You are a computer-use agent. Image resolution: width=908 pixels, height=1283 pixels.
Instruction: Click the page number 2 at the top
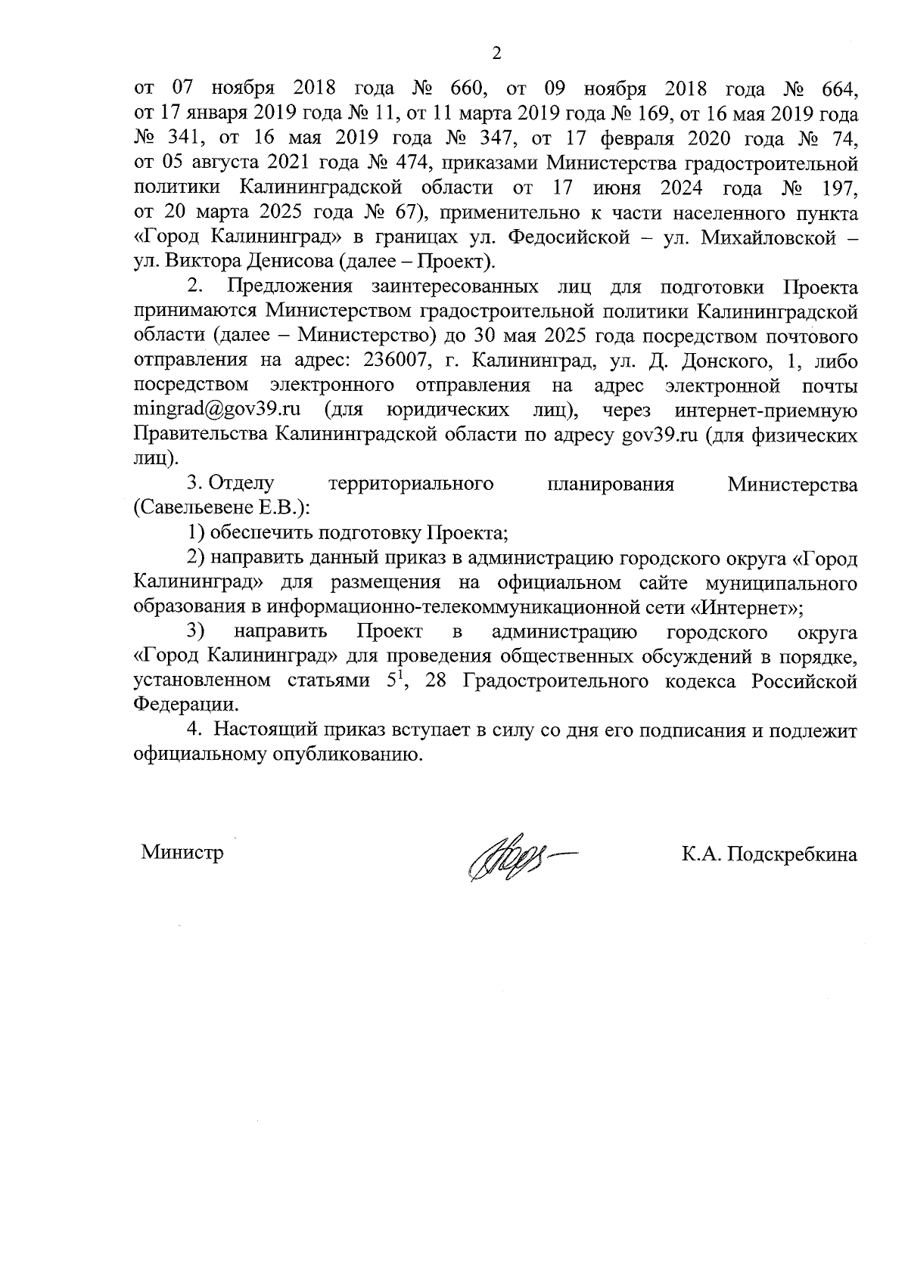pyautogui.click(x=496, y=54)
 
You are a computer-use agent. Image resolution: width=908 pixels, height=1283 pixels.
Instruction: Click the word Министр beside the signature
pyautogui.click(x=182, y=854)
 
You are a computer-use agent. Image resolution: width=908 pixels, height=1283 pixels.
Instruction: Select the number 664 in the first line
pyautogui.click(x=839, y=89)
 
